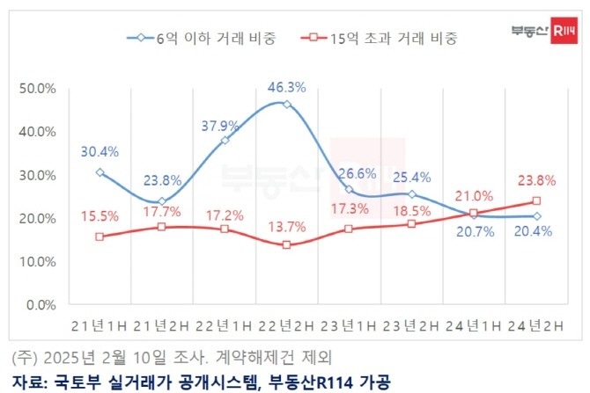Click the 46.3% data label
click(286, 87)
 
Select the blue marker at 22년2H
click(286, 105)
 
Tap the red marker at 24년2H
click(535, 201)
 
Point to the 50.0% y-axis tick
click(38, 89)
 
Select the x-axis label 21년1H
click(100, 326)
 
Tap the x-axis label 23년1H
click(349, 326)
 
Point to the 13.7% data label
click(287, 227)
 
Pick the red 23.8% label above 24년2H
click(535, 182)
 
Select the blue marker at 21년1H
click(100, 172)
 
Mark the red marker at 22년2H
click(286, 244)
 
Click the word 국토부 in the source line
click(72, 381)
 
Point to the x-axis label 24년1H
click(474, 326)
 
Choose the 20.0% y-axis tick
click(38, 218)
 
